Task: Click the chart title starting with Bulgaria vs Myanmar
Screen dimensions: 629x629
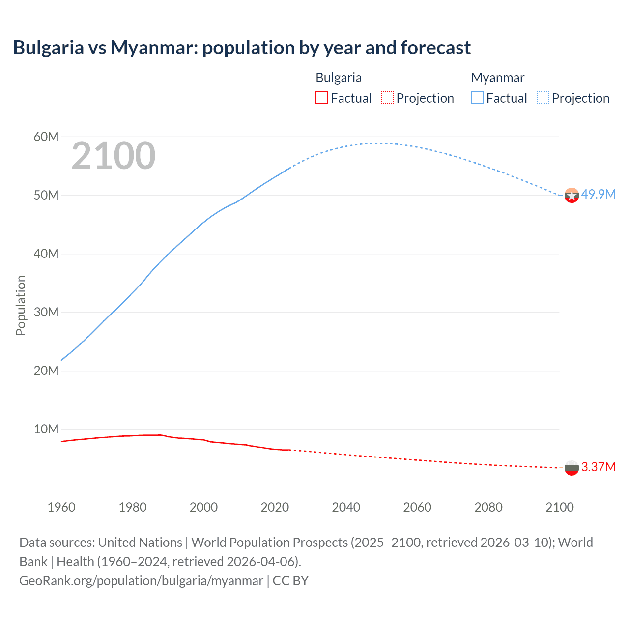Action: (242, 48)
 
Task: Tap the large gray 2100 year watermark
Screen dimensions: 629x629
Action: (114, 156)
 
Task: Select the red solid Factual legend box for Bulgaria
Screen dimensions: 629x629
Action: (321, 98)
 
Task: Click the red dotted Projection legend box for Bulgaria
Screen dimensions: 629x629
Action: (387, 98)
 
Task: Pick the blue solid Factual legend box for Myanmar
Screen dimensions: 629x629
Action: (477, 98)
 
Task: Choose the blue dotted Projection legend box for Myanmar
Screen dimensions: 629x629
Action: (543, 98)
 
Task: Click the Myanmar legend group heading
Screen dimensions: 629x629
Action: (497, 78)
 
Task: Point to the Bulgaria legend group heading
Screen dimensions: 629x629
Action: (339, 78)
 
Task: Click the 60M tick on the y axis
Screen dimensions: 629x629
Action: (46, 137)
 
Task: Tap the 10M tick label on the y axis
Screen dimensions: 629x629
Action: (46, 429)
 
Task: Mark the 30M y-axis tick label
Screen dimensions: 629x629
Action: (46, 312)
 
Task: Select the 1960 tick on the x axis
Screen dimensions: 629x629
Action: (61, 507)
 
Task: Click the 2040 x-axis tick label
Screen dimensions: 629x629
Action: (346, 507)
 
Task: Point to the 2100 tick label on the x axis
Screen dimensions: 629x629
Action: (559, 507)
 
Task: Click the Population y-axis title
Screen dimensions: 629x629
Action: (21, 305)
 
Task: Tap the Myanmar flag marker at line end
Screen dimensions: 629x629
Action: (572, 195)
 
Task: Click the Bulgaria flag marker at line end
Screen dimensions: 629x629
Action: (572, 468)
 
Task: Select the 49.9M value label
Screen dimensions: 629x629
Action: (598, 194)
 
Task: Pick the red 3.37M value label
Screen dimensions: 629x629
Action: (598, 467)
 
